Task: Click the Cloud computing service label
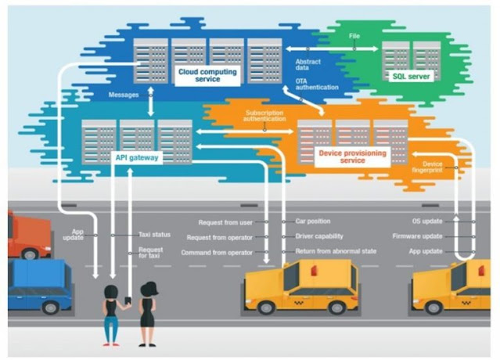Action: click(x=207, y=75)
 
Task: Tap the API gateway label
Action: click(x=137, y=157)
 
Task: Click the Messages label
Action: click(x=124, y=94)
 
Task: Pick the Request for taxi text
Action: click(x=150, y=253)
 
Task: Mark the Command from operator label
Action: click(x=217, y=252)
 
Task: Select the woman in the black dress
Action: click(x=147, y=313)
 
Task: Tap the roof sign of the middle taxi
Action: click(x=314, y=270)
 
